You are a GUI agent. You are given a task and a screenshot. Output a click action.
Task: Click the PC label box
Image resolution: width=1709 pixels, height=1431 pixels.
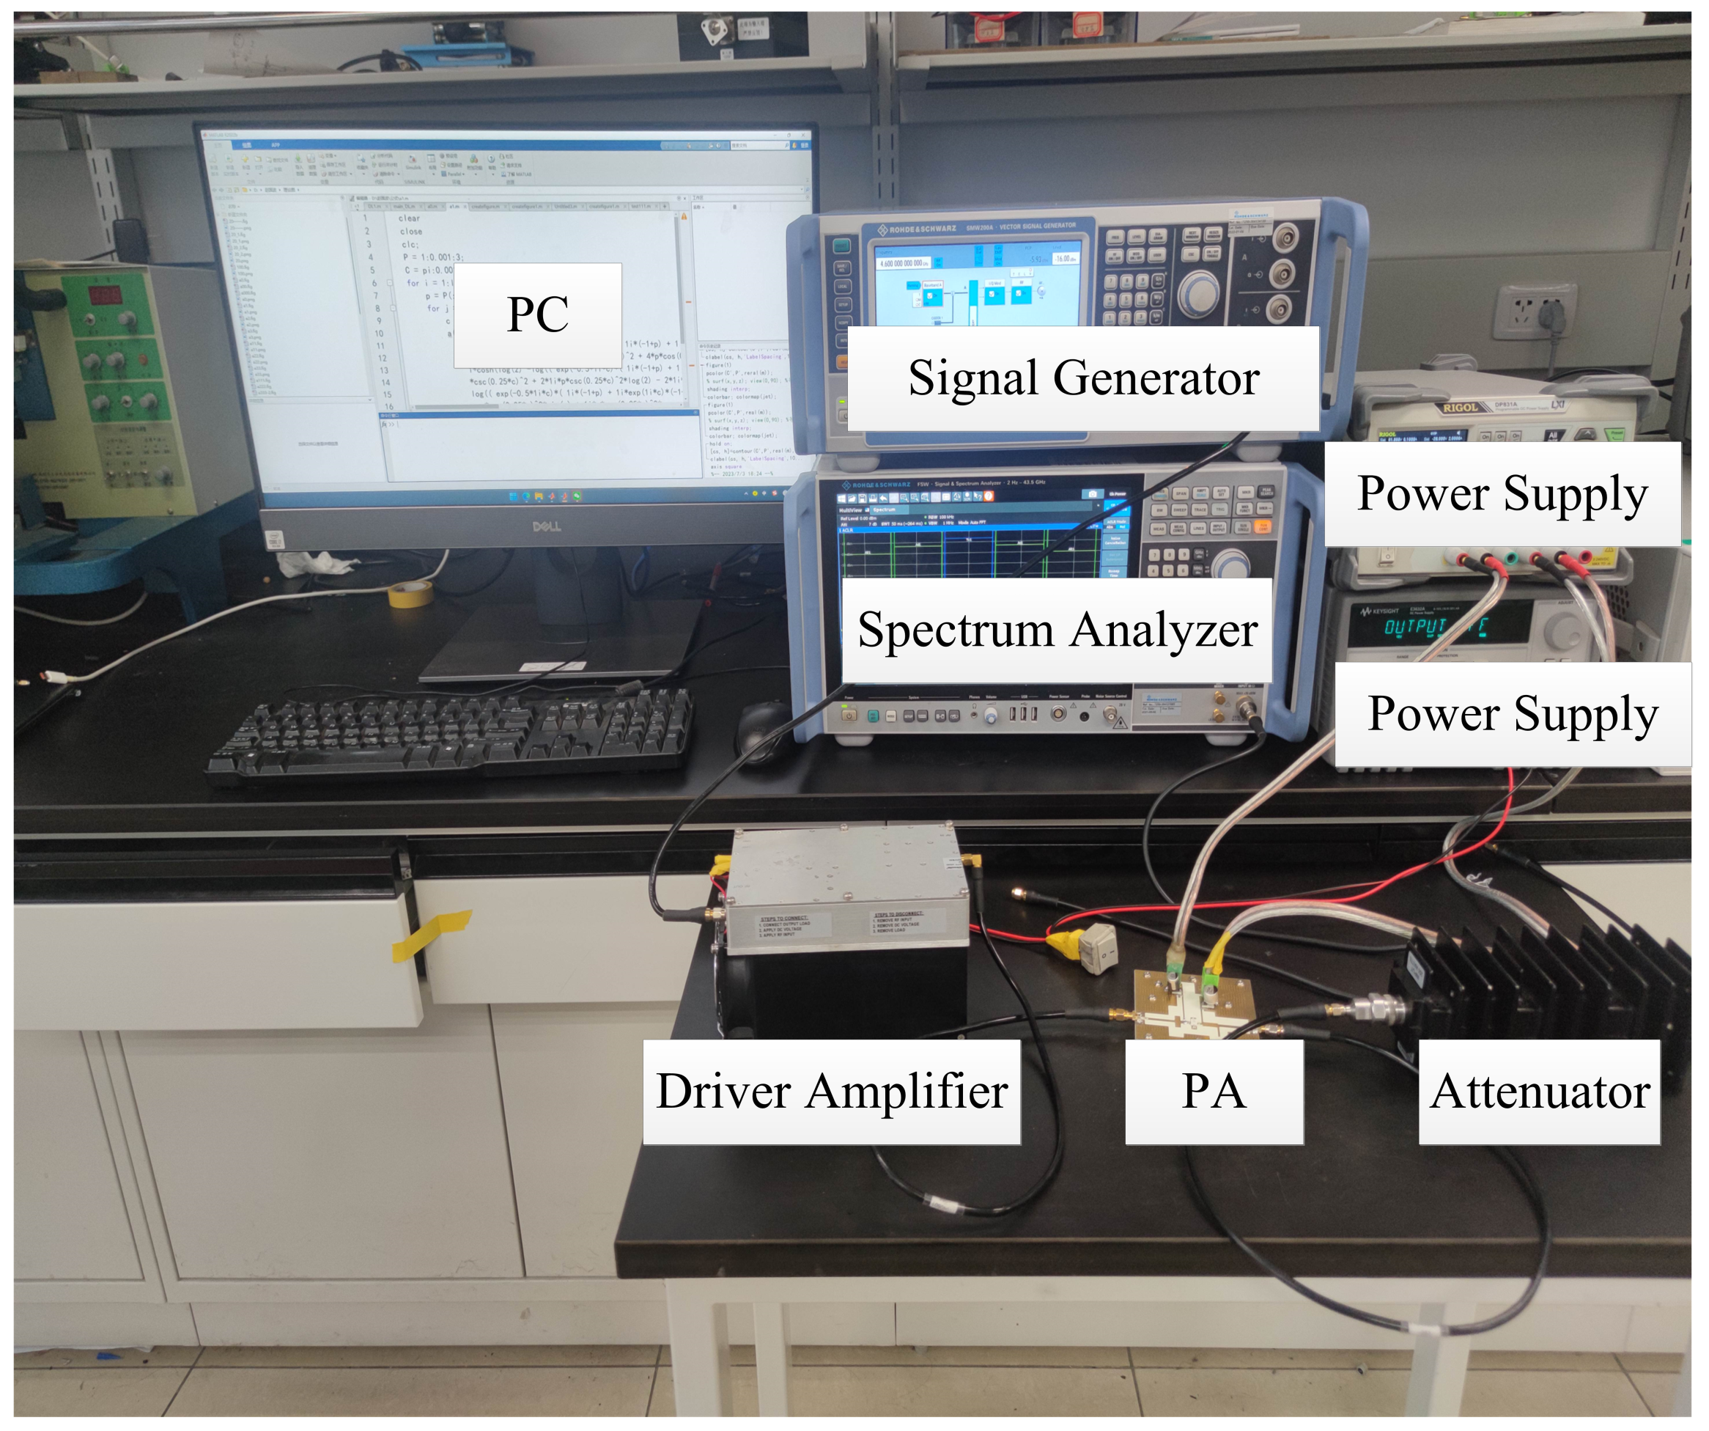(537, 314)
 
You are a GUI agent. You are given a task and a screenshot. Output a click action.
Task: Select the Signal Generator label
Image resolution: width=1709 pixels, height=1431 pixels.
(1082, 378)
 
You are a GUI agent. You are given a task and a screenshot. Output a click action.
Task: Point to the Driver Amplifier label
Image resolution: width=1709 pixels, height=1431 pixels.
(831, 1092)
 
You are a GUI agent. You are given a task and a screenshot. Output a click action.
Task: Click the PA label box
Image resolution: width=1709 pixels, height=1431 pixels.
(1214, 1092)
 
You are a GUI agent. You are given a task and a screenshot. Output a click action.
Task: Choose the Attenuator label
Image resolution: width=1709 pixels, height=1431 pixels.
(1539, 1092)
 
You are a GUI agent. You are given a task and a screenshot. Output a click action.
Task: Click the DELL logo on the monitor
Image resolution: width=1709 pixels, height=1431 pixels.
(546, 526)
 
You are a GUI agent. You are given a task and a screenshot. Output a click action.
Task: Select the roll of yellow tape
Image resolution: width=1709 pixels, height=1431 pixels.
(410, 593)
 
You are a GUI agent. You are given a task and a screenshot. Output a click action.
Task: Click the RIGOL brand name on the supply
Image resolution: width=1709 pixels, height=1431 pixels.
(1460, 408)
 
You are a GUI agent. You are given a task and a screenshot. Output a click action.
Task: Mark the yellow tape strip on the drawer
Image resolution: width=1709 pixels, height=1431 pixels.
(432, 935)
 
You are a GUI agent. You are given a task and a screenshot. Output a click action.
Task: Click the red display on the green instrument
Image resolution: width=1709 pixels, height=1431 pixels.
(105, 294)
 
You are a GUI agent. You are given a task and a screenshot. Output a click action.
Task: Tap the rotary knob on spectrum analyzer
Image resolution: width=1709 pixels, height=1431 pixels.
(1230, 564)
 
